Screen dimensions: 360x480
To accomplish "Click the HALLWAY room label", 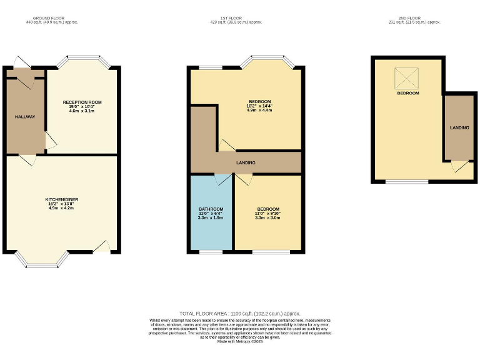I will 25,117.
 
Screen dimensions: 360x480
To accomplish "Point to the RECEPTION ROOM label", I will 82,102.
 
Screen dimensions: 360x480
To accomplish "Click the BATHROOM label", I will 211,209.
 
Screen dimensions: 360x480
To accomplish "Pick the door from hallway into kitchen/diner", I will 27,160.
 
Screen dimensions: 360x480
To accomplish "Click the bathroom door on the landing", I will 222,179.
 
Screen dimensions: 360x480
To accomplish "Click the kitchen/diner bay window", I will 43,259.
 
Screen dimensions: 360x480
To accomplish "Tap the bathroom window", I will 211,252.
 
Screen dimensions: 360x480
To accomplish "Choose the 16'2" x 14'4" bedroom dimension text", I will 259,106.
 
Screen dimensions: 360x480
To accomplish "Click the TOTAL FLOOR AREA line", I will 240,313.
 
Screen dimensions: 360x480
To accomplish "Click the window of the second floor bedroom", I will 406,182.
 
